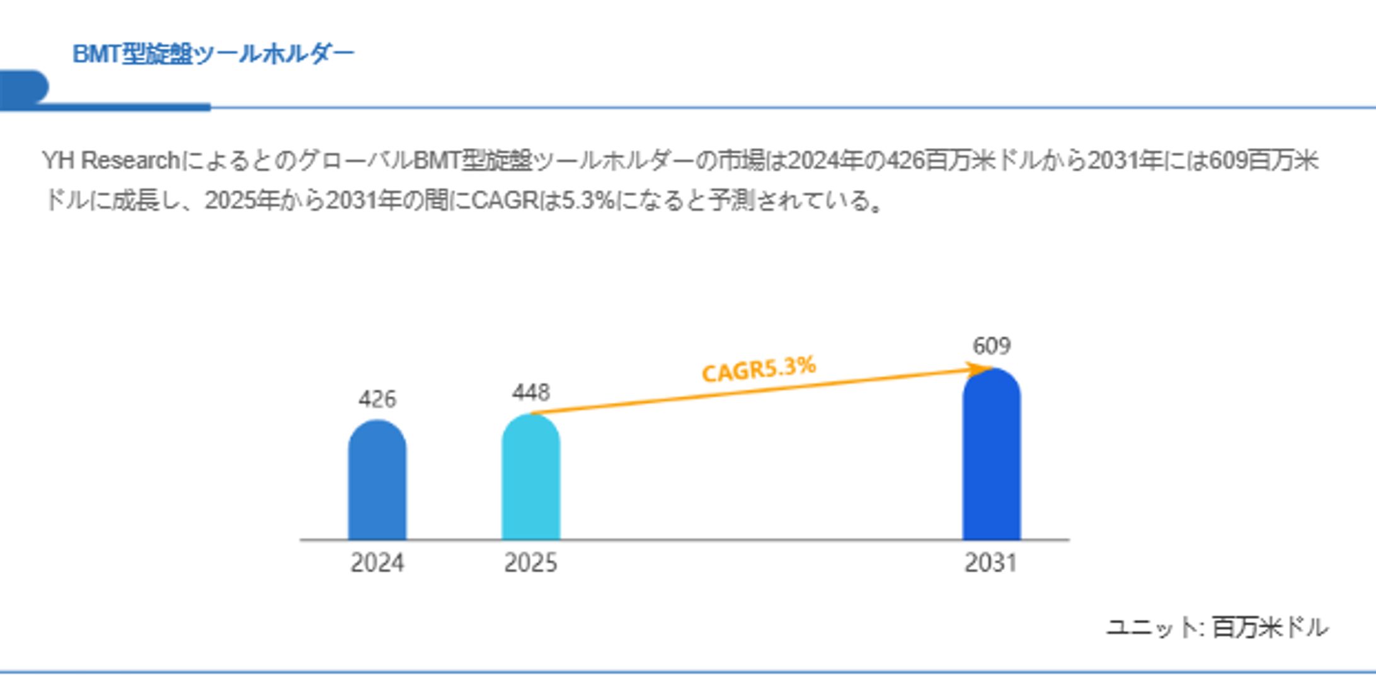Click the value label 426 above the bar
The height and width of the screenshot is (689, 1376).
coord(377,399)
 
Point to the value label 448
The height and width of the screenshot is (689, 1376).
coord(530,393)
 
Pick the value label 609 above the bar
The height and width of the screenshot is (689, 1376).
coord(991,346)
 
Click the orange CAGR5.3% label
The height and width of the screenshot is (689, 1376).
coord(759,369)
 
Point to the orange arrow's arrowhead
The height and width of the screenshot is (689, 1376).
coord(982,369)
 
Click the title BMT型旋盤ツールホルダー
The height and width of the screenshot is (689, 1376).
coord(213,54)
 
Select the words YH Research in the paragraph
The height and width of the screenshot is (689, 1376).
coord(112,161)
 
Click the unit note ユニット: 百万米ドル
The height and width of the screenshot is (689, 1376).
coord(1217,628)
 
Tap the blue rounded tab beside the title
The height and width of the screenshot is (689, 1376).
coord(24,87)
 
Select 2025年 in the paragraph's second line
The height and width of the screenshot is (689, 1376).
coord(242,201)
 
